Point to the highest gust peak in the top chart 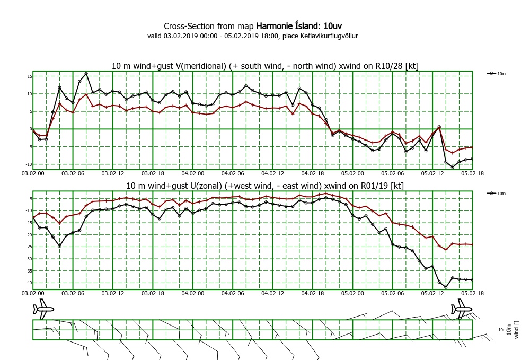coord(86,74)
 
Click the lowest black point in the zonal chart coord(446,287)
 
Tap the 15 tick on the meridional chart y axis coord(30,76)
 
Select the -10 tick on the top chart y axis coord(29,164)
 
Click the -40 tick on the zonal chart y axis coord(29,283)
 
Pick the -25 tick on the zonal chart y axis coord(29,247)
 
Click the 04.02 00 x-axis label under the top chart coord(192,173)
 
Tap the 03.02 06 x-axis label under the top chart coord(72,173)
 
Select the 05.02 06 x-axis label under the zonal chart coord(392,293)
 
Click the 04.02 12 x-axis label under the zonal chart coord(272,293)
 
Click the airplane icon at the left coord(44,309)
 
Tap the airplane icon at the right coord(461,309)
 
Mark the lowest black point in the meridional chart coord(452,167)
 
